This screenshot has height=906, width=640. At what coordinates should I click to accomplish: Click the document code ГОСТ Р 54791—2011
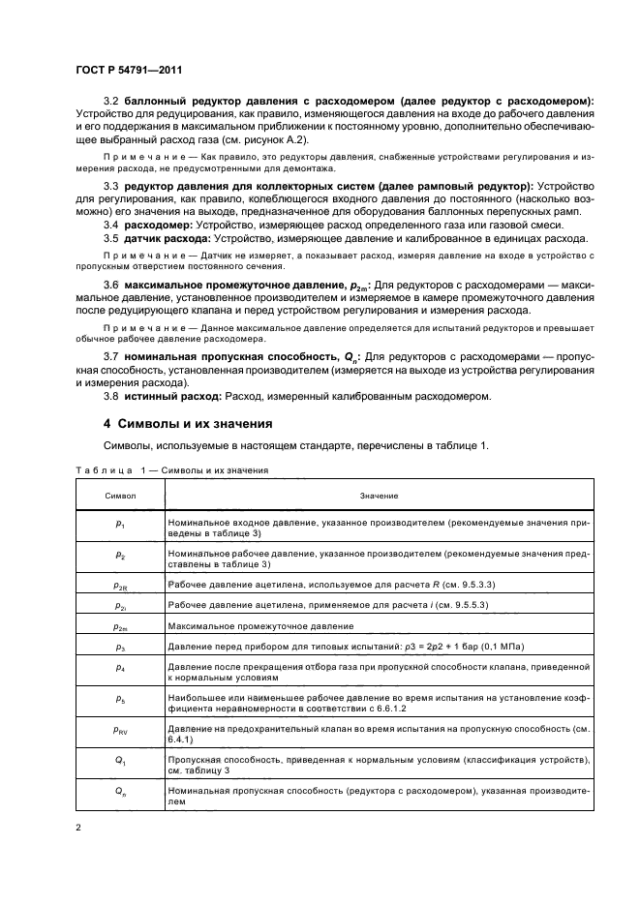tap(128, 70)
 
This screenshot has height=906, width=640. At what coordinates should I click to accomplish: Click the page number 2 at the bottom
tap(77, 829)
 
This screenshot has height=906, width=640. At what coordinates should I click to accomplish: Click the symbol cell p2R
tap(120, 586)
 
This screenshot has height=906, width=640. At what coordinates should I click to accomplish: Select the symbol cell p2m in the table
tap(120, 627)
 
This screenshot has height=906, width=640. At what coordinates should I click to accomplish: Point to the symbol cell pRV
tap(120, 729)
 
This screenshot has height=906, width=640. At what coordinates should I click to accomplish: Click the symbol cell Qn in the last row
tap(120, 794)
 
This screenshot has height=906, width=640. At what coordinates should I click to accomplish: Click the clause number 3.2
tap(110, 102)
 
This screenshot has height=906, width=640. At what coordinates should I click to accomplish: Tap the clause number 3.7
tap(110, 357)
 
